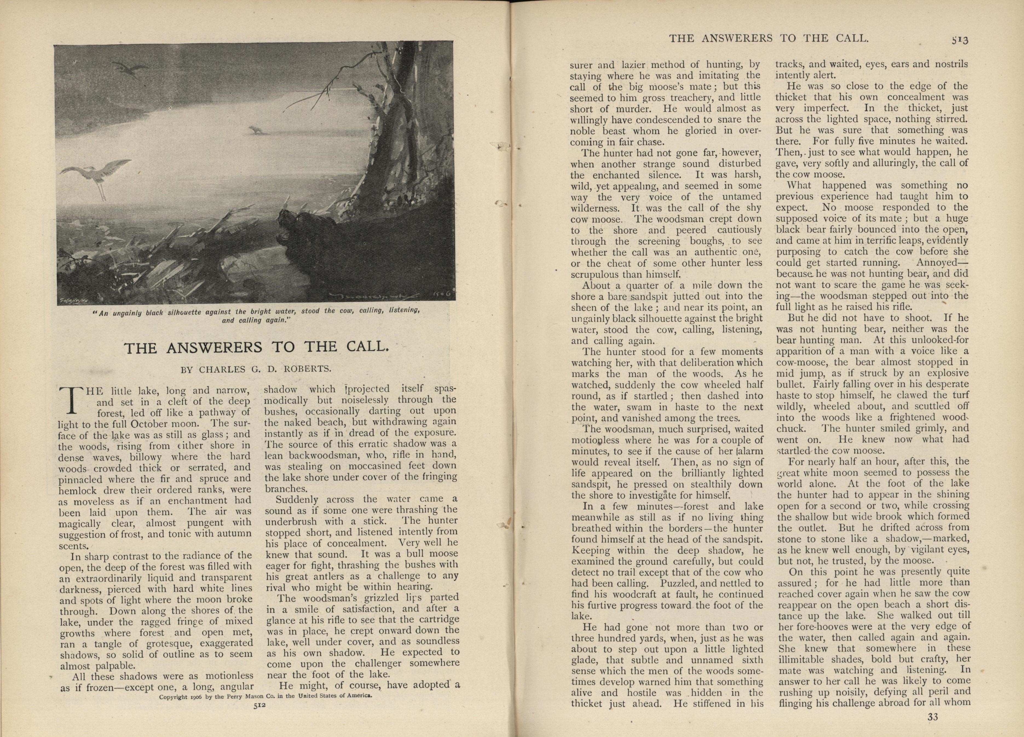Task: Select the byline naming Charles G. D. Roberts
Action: tap(256, 369)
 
